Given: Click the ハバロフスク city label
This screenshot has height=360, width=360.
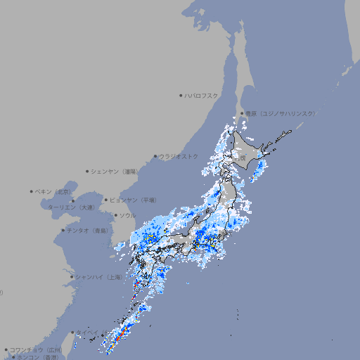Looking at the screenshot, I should [x=201, y=95].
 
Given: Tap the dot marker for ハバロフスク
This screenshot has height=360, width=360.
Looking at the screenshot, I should [x=181, y=95].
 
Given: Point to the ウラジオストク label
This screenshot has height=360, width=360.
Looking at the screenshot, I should [x=179, y=156].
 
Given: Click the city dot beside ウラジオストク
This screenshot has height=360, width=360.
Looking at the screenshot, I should [x=155, y=156].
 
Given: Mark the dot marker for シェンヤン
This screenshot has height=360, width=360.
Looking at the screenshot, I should [x=88, y=171].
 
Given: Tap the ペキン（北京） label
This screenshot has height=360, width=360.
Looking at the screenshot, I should [x=53, y=191].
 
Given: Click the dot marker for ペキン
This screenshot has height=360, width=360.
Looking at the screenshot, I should [x=32, y=191].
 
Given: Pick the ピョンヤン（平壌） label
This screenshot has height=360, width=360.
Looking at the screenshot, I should [x=134, y=200].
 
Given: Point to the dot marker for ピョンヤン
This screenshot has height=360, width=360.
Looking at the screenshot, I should [x=107, y=200].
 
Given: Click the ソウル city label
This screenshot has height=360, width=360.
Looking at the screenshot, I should [x=127, y=215].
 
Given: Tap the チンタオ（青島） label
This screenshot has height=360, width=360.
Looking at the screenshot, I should [x=88, y=230].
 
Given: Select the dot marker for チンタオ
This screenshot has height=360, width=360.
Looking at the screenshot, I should [x=63, y=230].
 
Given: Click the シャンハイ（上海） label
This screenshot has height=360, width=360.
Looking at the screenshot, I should [x=98, y=277].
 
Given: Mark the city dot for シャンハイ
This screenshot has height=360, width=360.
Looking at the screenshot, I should [x=72, y=277].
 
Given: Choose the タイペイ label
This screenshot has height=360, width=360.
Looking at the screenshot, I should [x=87, y=333].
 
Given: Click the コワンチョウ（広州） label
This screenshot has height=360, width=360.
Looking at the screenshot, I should [x=35, y=349].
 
